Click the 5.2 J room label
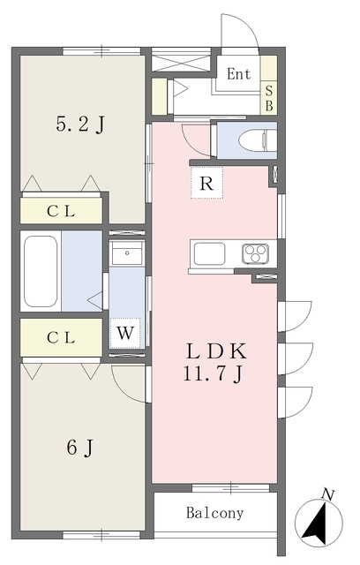click(80, 125)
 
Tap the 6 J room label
click(80, 448)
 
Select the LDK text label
click(216, 351)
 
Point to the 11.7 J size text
click(214, 373)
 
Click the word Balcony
click(214, 513)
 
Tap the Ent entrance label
click(239, 74)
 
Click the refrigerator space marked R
click(206, 183)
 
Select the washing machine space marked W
click(125, 333)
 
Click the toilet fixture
click(258, 140)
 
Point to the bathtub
click(41, 271)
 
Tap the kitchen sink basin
click(209, 253)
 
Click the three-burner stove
click(255, 253)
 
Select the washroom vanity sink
click(127, 252)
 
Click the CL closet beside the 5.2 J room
click(61, 211)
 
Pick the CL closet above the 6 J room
click(61, 337)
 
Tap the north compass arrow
click(316, 525)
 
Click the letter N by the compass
click(327, 494)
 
